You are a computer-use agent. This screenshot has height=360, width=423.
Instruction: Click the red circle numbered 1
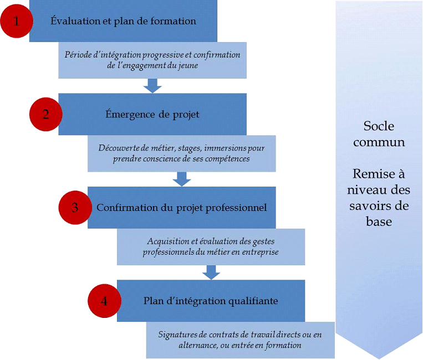click(x=17, y=22)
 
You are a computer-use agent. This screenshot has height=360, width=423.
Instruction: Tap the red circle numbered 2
click(x=46, y=114)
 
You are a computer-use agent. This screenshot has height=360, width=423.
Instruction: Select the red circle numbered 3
click(x=75, y=208)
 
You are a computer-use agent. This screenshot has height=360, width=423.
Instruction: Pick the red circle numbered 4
click(x=105, y=301)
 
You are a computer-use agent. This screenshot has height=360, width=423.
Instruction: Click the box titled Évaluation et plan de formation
click(x=123, y=22)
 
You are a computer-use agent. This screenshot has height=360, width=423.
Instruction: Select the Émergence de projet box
click(x=152, y=114)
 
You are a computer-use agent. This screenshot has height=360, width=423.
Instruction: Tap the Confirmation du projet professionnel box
click(x=182, y=208)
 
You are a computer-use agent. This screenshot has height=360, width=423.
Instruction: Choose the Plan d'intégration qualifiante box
click(x=211, y=301)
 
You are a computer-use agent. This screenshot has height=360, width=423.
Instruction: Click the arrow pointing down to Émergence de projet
click(x=152, y=85)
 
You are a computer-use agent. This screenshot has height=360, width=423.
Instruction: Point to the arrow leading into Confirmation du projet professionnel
click(x=182, y=178)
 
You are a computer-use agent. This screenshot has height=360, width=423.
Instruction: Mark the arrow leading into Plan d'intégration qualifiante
click(x=211, y=271)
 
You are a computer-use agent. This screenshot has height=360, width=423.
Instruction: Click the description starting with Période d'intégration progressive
click(x=152, y=60)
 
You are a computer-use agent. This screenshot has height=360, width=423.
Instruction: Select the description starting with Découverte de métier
click(x=182, y=153)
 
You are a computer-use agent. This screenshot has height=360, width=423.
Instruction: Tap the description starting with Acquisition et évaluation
click(x=211, y=246)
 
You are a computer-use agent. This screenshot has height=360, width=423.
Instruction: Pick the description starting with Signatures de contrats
click(x=240, y=340)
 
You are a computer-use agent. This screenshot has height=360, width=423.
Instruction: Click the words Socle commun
click(x=379, y=133)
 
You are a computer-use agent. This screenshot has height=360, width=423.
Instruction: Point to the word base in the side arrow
click(x=379, y=222)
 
